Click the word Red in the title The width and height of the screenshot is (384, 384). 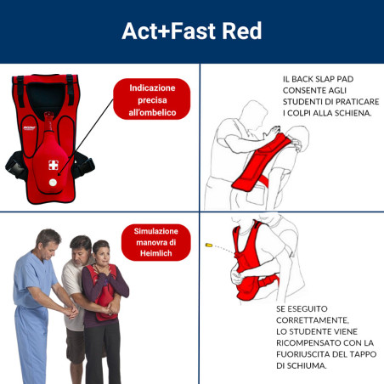point(240,31)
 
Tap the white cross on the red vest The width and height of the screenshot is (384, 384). point(54,165)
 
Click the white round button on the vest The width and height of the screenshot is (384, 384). point(53,181)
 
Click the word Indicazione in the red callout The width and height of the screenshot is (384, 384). point(153,88)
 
